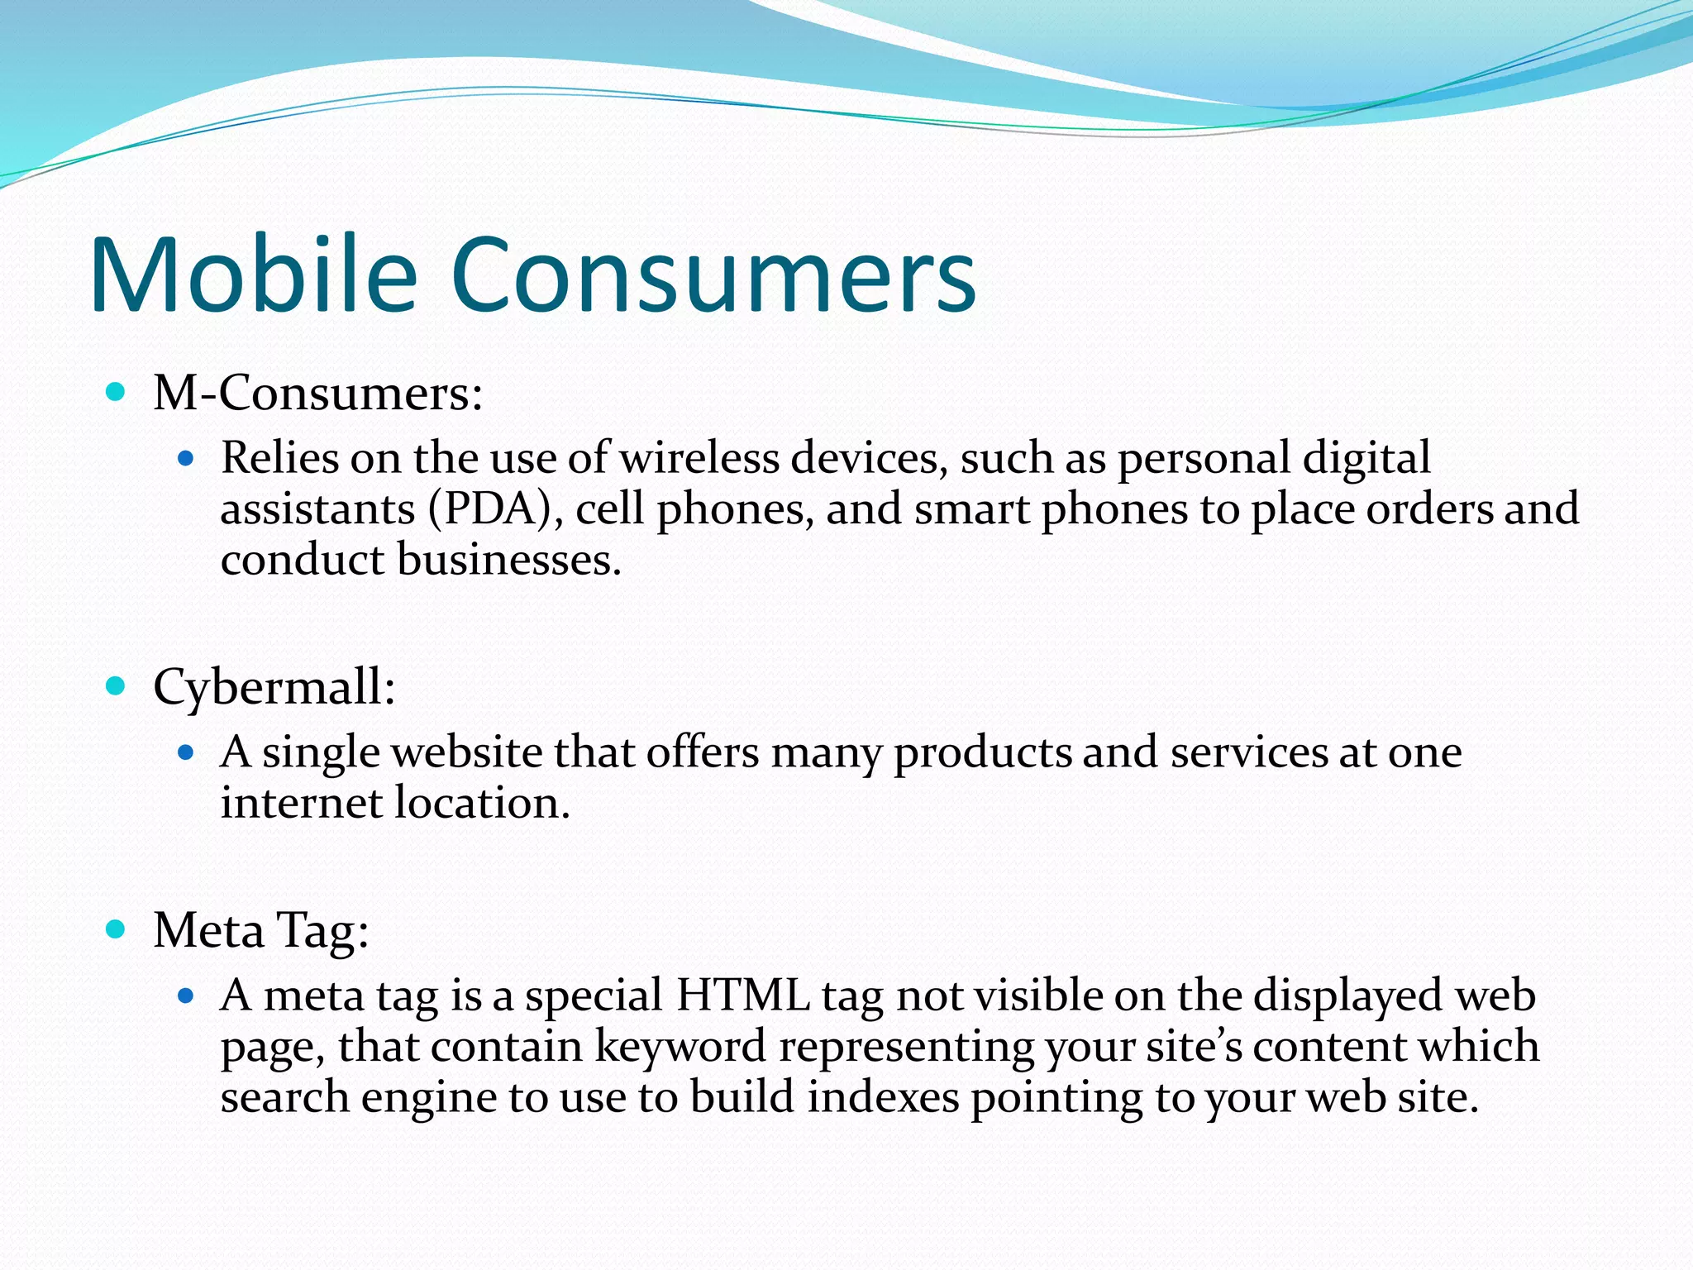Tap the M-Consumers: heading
tap(317, 393)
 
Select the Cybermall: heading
tap(274, 687)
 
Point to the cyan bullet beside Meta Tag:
tap(116, 929)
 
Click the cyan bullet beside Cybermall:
tap(116, 685)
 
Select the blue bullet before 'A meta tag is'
tap(185, 995)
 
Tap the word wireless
tap(699, 458)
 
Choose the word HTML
tap(742, 995)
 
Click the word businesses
tap(508, 560)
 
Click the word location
tap(482, 803)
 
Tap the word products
tap(982, 753)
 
